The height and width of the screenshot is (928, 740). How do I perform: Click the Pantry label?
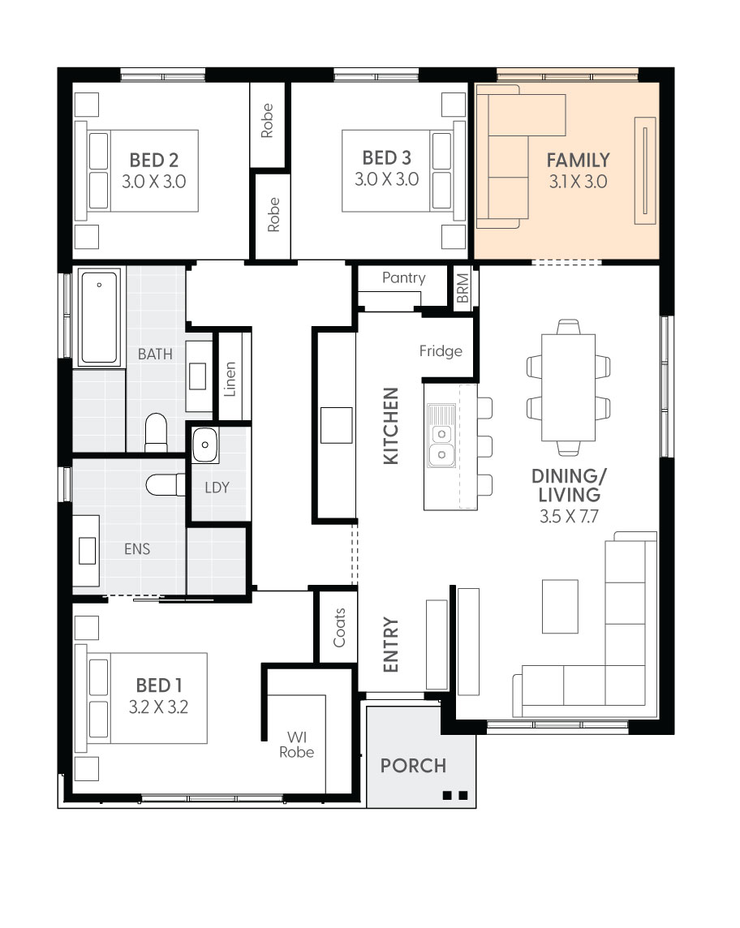click(x=404, y=277)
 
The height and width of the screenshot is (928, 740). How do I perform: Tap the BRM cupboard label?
click(x=463, y=288)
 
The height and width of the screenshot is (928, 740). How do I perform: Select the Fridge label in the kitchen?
click(x=441, y=351)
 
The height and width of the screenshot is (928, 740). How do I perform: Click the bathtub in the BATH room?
click(x=100, y=317)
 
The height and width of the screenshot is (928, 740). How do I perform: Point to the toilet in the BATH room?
click(x=157, y=432)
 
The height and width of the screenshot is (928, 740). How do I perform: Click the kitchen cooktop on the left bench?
click(x=336, y=425)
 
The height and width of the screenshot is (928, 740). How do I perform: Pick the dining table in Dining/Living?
click(x=568, y=388)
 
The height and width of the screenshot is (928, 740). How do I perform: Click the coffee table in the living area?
click(x=560, y=607)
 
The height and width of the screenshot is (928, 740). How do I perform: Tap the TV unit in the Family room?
click(x=645, y=170)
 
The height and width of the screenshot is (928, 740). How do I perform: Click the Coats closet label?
click(x=339, y=628)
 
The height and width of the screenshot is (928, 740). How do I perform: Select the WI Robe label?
click(x=297, y=745)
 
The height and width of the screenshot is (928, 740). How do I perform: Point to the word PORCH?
click(x=413, y=766)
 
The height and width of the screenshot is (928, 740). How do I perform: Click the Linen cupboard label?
click(x=230, y=379)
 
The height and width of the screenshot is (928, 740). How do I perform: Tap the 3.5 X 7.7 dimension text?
click(x=569, y=516)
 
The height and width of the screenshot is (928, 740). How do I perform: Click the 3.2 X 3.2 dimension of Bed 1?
click(x=159, y=707)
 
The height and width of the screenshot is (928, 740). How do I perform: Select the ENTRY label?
click(x=391, y=645)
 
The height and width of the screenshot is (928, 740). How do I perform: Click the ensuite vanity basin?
click(x=87, y=551)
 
